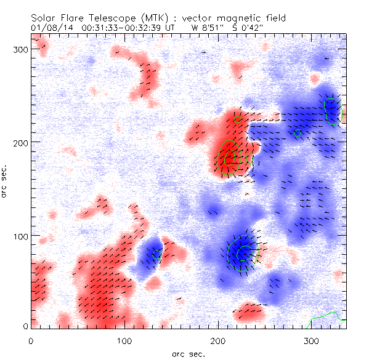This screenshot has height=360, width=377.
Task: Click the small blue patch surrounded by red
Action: (x=150, y=253)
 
